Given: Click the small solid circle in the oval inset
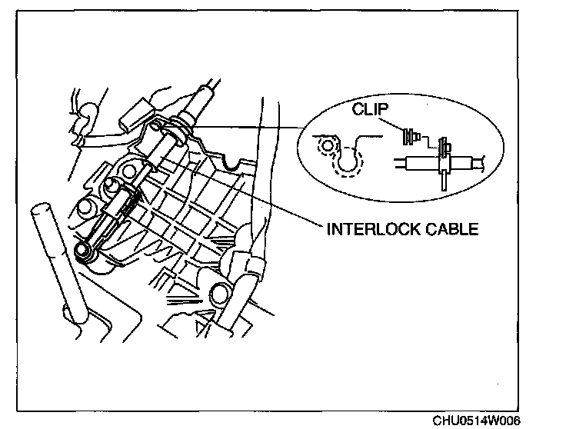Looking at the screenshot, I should click(329, 145).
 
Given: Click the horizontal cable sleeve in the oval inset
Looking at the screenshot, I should click(419, 163).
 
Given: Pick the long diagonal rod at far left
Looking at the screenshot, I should click(57, 261).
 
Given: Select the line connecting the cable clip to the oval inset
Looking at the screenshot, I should click(254, 125).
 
